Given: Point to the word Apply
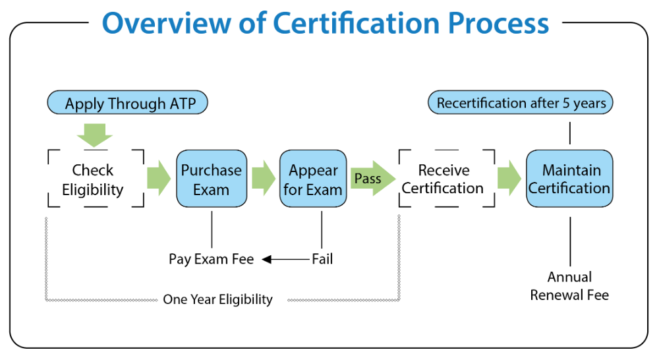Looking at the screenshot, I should point(84,104).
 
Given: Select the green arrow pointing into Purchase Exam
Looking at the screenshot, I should point(158,178).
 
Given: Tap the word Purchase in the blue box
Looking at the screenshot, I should point(212,170).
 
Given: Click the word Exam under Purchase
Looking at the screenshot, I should point(212,189).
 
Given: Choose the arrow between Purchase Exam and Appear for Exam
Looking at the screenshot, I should point(264,178).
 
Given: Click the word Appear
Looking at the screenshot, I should point(313,170).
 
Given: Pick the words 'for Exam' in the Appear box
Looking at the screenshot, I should point(313,190).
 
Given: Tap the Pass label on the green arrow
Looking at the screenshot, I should point(368,179).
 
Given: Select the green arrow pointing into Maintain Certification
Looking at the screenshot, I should point(509,178).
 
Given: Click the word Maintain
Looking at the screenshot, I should point(571,170).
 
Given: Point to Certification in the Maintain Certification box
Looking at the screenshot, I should point(569,188).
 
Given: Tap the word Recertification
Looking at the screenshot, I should point(481,104).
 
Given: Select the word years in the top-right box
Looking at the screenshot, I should point(589,104).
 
